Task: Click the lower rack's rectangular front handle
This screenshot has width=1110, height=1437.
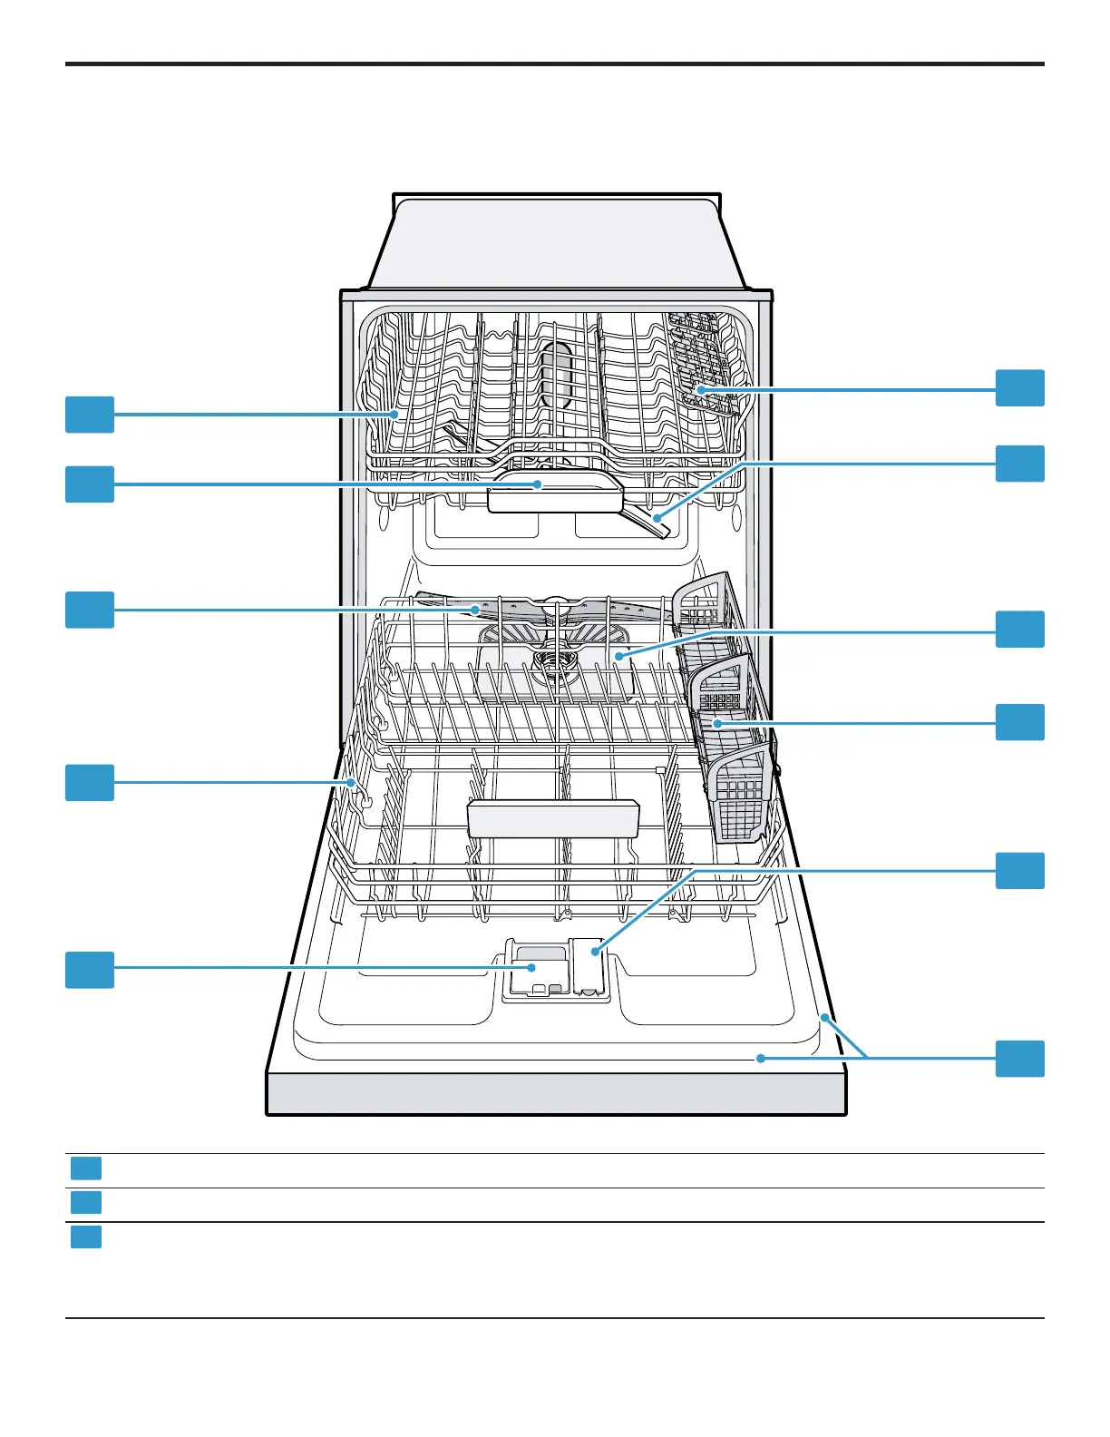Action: (x=552, y=818)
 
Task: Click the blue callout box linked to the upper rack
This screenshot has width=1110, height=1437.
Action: (x=90, y=415)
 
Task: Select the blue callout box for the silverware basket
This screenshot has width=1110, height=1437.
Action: (x=1019, y=722)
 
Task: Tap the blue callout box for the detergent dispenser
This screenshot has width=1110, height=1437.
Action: (x=90, y=969)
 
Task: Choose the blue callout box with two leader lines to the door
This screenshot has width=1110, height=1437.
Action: (x=1019, y=1059)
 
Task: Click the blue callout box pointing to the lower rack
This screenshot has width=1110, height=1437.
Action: (x=90, y=782)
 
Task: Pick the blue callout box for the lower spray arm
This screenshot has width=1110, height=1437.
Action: (x=90, y=610)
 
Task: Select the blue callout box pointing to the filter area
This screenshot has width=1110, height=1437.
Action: (x=1019, y=630)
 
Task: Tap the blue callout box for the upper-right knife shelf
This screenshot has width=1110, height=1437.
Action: (x=1019, y=388)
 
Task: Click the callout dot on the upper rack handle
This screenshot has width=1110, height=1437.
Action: (x=538, y=484)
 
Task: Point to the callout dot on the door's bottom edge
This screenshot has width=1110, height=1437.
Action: (x=761, y=1058)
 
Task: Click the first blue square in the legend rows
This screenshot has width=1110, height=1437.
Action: (x=86, y=1168)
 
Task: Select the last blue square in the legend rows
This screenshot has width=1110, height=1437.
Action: (x=86, y=1237)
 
